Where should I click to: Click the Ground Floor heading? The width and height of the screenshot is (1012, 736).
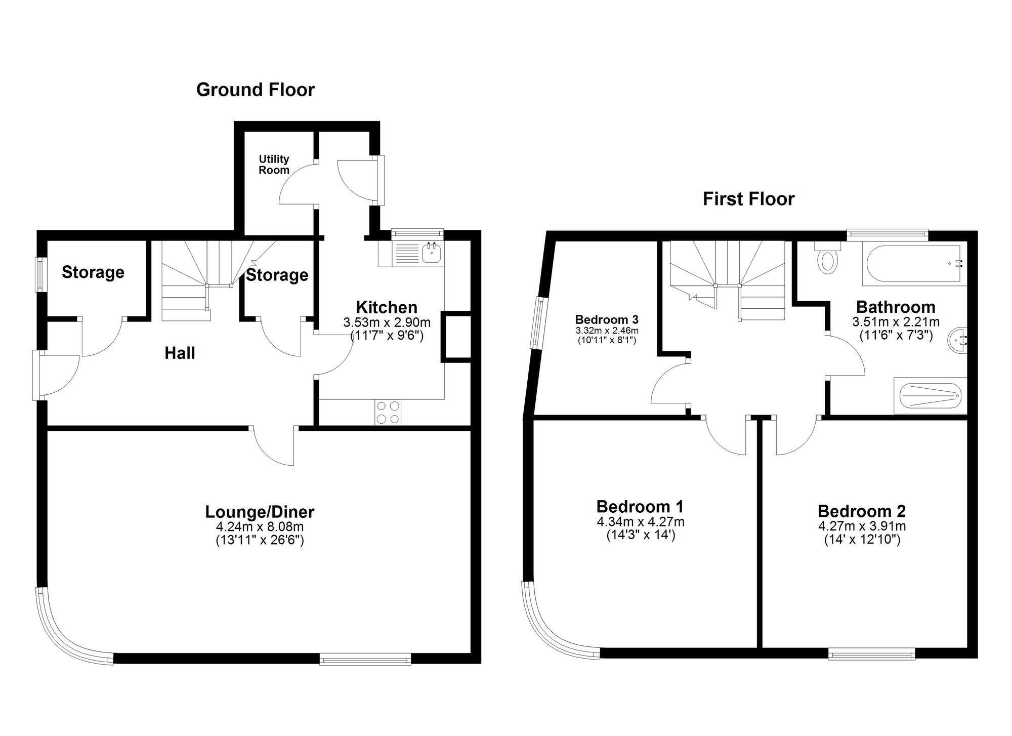[255, 90]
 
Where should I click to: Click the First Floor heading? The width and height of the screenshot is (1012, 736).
[748, 199]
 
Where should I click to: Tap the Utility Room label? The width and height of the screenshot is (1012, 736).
[274, 165]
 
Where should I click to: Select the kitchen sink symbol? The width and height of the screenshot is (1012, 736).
[432, 253]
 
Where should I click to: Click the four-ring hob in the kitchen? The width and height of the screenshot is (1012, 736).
[388, 412]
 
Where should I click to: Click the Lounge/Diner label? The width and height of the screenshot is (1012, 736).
[260, 512]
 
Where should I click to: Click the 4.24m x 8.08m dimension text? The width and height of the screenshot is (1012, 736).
[260, 527]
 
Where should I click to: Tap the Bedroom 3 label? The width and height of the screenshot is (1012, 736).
[607, 320]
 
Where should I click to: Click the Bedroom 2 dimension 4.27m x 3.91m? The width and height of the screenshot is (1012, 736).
[862, 526]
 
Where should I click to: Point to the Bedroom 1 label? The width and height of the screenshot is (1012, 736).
[640, 507]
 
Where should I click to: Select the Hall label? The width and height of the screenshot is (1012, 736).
[180, 353]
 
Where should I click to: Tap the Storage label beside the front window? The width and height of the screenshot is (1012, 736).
[93, 272]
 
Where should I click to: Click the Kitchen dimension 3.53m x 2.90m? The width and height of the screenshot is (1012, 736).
[387, 322]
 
